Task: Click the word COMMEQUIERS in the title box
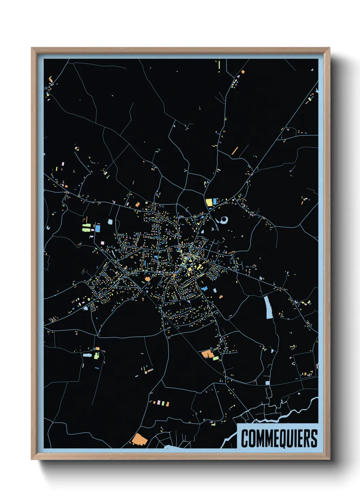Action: [x=279, y=438]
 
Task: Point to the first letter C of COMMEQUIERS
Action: [x=245, y=439]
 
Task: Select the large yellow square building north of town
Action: [x=209, y=202]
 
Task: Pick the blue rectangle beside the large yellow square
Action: [x=215, y=202]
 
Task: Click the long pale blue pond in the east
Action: [x=268, y=307]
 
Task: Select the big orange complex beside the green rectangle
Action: [x=207, y=354]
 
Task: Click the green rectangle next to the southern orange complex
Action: [x=216, y=358]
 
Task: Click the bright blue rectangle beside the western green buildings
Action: [x=98, y=228]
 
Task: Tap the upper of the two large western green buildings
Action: [x=86, y=225]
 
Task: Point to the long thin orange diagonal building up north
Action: [x=235, y=151]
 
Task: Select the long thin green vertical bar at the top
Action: [x=219, y=65]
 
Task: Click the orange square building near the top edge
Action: [x=243, y=72]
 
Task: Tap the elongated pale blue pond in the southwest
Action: [x=87, y=355]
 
